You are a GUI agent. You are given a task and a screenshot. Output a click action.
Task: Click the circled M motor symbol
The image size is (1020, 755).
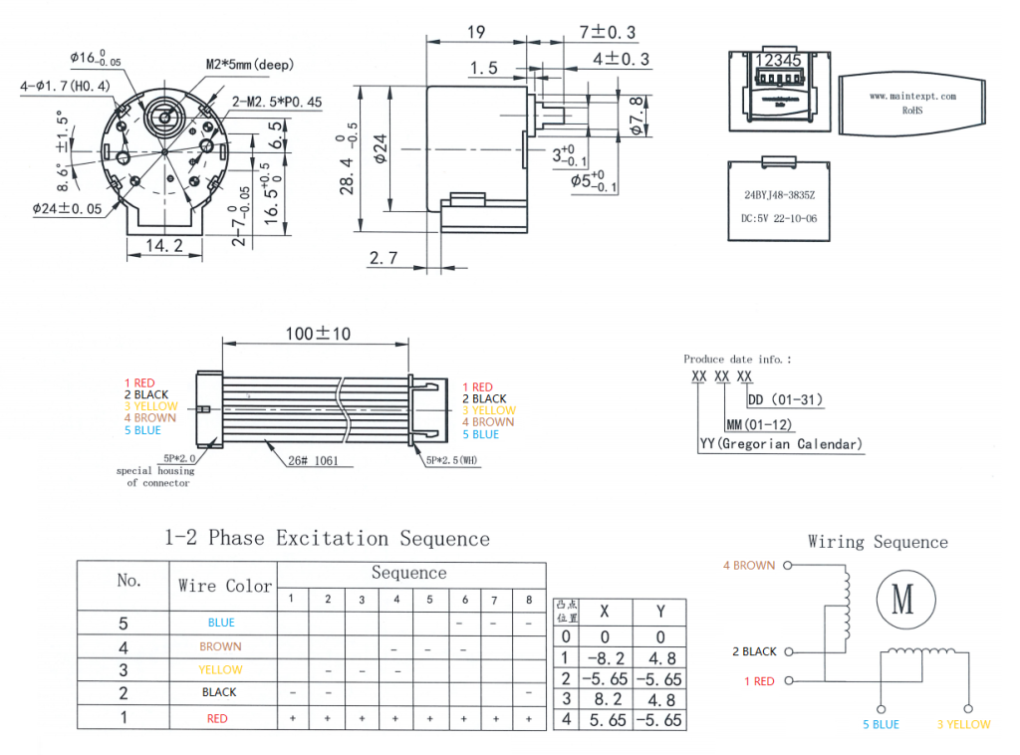pyautogui.click(x=902, y=599)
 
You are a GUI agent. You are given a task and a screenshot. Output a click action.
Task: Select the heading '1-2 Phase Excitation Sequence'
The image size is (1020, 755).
pyautogui.click(x=327, y=539)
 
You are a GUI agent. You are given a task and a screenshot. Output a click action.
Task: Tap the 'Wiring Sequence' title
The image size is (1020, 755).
pyautogui.click(x=878, y=542)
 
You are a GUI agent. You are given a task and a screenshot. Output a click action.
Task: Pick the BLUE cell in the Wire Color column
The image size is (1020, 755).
pyautogui.click(x=221, y=623)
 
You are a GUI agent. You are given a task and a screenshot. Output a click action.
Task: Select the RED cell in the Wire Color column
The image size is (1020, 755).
pyautogui.click(x=217, y=718)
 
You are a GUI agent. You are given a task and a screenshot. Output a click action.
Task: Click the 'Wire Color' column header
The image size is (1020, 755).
pyautogui.click(x=224, y=586)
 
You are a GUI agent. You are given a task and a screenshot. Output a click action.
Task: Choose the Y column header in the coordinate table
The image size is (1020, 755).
pyautogui.click(x=660, y=612)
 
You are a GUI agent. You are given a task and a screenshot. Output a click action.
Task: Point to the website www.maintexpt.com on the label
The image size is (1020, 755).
pyautogui.click(x=912, y=97)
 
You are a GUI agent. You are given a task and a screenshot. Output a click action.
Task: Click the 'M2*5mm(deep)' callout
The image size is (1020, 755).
pyautogui.click(x=252, y=65)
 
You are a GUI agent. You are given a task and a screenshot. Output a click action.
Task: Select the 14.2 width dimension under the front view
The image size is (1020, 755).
pyautogui.click(x=164, y=246)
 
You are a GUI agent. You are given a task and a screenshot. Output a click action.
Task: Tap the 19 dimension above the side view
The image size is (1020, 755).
pyautogui.click(x=476, y=33)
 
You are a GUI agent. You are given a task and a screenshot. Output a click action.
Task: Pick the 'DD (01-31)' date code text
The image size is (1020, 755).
pyautogui.click(x=786, y=399)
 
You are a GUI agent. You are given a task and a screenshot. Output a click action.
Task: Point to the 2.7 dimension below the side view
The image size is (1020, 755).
pyautogui.click(x=382, y=259)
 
